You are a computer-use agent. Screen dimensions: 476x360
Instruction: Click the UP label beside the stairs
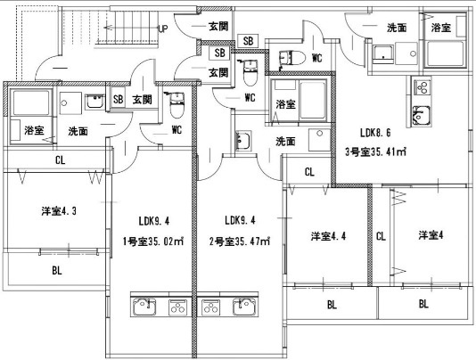tap(163, 29)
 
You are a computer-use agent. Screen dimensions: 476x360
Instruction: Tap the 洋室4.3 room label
tap(59, 211)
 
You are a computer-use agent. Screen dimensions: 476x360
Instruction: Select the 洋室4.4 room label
tap(328, 236)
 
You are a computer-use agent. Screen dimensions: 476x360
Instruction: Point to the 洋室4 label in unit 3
tap(431, 235)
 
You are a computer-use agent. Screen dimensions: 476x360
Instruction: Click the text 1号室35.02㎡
tap(153, 241)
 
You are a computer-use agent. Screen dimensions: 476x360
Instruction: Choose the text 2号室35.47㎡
tap(240, 241)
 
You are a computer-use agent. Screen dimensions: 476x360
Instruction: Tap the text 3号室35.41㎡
tap(375, 151)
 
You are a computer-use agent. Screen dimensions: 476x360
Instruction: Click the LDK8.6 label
tap(375, 133)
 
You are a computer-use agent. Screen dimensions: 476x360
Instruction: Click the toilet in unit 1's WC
tap(176, 105)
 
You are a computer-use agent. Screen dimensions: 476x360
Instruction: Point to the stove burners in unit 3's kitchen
tap(422, 87)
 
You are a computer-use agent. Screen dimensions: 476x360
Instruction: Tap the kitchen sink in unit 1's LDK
tap(144, 307)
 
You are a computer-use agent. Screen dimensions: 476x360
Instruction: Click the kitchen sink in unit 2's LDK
tap(244, 307)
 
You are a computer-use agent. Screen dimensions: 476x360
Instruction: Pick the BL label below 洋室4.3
tap(57, 271)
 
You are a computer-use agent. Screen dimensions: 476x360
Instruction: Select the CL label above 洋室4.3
tap(60, 160)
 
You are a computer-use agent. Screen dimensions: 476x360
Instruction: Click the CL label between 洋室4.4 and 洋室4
tap(381, 236)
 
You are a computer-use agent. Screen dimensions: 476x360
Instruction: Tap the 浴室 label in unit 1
tap(34, 130)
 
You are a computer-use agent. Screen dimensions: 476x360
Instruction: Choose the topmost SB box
tap(249, 41)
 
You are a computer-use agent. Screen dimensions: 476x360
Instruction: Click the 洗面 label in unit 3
tap(397, 28)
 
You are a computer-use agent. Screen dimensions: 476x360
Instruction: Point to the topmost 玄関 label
tap(218, 27)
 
